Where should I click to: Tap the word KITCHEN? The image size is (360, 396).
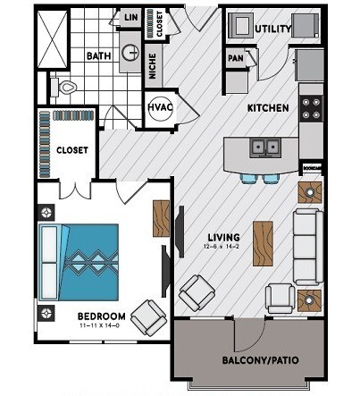[268, 108]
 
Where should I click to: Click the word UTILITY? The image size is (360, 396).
[272, 29]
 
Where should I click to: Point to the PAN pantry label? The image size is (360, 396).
[236, 59]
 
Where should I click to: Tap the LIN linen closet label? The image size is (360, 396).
[130, 16]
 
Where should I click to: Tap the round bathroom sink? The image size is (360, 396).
[130, 53]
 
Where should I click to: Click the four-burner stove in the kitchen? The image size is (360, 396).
[311, 107]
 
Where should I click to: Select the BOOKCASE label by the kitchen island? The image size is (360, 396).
[311, 167]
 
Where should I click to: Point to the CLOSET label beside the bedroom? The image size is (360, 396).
[71, 150]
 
